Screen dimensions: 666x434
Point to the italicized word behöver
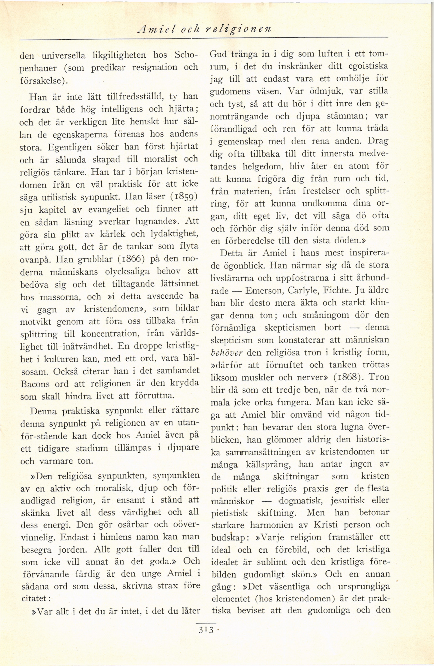pyautogui.click(x=226, y=353)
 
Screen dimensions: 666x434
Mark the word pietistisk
pyautogui.click(x=230, y=513)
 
